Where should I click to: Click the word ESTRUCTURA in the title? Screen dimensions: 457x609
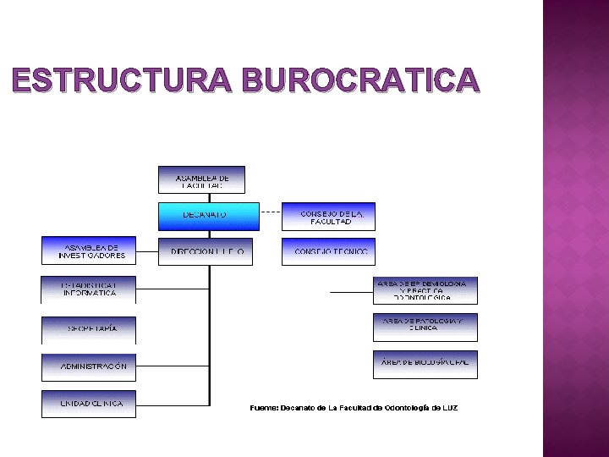coord(123,80)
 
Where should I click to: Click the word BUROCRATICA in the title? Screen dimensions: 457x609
coord(360,80)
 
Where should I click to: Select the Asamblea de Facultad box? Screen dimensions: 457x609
coord(201,179)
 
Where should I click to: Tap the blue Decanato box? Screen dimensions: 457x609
coord(209,216)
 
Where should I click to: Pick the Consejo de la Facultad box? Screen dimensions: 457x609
coord(328,217)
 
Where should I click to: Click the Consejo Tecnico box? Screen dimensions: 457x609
coord(328,252)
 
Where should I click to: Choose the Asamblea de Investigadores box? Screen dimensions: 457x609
coord(88,251)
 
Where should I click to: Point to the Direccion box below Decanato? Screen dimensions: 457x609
coord(206,252)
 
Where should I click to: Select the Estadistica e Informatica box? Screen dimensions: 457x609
coord(88,289)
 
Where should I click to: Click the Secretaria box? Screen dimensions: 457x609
coord(88,329)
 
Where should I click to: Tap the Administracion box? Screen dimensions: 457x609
coord(88,367)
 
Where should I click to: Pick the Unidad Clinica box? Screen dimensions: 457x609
coord(88,404)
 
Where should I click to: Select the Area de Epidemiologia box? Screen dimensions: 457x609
coord(425,290)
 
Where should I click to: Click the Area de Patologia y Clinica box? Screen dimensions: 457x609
coord(425,328)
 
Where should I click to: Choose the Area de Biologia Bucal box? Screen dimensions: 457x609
coord(425,364)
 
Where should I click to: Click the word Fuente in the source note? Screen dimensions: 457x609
coord(262,408)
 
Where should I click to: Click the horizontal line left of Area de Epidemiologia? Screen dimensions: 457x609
coord(351,292)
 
